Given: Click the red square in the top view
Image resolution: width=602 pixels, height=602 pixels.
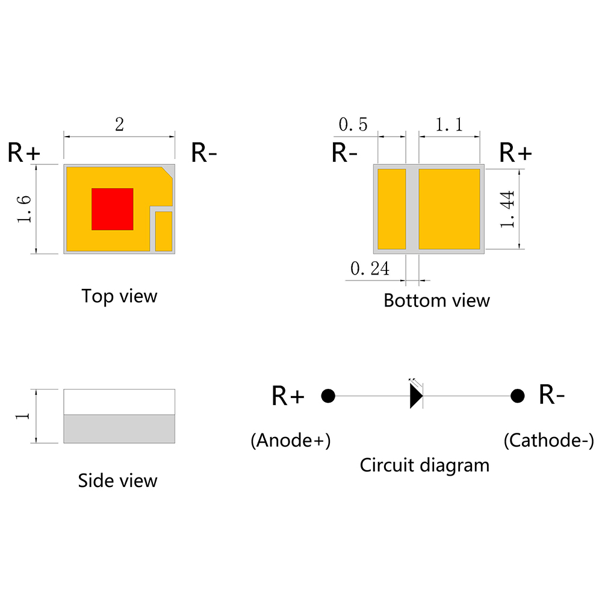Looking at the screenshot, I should coord(112,209).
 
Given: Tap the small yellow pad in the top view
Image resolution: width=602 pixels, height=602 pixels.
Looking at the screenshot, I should coord(163,231).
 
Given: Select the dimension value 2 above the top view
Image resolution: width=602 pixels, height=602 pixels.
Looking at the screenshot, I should coord(119,125).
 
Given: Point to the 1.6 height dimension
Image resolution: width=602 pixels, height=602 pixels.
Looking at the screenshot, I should coord(24,209).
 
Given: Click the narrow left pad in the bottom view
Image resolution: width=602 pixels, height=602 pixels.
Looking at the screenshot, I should coord(391,209).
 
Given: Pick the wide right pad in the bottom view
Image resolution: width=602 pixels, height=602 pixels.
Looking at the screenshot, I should coord(449,209).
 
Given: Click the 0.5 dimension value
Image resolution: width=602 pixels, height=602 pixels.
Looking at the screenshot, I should coord(353,125).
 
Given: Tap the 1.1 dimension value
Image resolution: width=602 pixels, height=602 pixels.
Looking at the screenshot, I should coord(449,125).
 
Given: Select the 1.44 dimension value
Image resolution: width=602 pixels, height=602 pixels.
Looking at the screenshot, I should coord(507,209).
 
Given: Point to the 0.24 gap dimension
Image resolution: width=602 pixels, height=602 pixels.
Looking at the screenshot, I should coord(370,269).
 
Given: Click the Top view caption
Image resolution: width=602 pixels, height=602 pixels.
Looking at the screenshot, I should coord(119,296).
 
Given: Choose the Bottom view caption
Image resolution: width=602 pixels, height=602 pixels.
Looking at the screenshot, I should coord(436,300).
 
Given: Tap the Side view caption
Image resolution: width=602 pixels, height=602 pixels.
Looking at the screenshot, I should coord(117,480).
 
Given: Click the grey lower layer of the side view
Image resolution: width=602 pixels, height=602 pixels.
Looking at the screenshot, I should coord(119,429).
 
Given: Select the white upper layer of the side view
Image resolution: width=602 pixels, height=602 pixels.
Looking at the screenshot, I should coord(119,402).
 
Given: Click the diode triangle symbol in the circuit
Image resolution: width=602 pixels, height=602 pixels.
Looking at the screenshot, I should coord(416,396).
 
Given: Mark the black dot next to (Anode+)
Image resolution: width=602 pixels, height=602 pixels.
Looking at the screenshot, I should coord(328,396).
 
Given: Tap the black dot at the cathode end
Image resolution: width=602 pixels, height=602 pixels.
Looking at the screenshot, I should coord(517,396).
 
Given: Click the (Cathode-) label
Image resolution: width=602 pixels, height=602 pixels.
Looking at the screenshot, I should coord(548,441).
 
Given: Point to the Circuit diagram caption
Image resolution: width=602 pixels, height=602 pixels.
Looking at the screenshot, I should coord(424,465).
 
